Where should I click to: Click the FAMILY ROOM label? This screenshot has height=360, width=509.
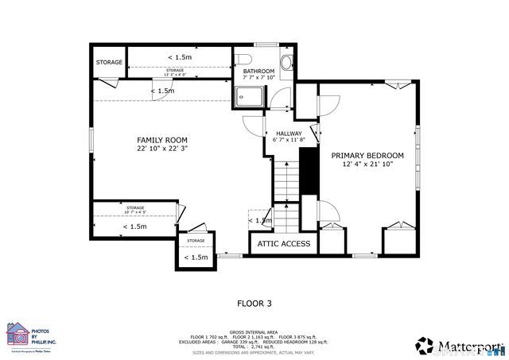click(x=162, y=140)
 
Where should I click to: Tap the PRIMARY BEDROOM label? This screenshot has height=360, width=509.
click(x=367, y=156)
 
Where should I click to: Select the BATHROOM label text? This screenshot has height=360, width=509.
click(x=258, y=72)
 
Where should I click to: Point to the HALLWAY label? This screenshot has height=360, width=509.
click(x=289, y=134)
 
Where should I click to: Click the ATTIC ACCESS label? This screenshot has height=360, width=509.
click(x=284, y=243)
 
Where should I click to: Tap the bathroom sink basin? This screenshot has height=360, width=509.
click(x=287, y=62)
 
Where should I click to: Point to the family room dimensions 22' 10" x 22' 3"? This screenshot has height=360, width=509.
click(x=162, y=149)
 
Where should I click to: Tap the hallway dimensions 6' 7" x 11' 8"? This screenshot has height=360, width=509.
click(x=289, y=141)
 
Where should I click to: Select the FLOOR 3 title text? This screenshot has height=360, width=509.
click(x=254, y=303)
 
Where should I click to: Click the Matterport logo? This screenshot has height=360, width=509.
click(x=460, y=345)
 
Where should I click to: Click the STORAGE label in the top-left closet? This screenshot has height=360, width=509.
click(x=109, y=62)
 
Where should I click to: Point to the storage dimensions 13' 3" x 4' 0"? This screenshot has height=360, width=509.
click(x=174, y=73)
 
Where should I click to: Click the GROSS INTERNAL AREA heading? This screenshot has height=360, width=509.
click(x=254, y=332)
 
